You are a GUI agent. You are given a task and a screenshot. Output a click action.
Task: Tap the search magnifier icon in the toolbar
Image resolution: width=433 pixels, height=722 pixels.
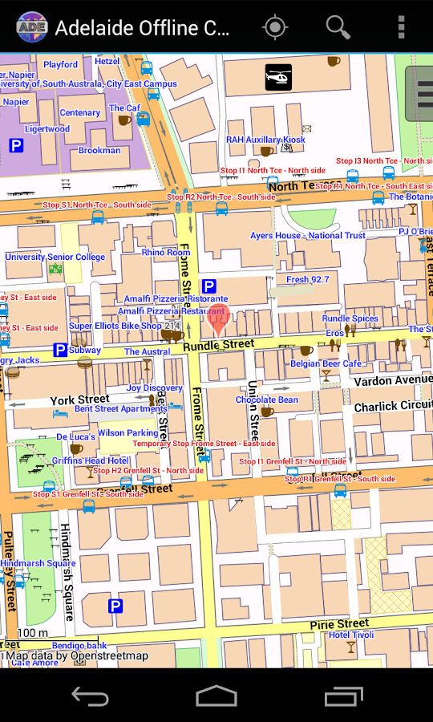click(x=338, y=27)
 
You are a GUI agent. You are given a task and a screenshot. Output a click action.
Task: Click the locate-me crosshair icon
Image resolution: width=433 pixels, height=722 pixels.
click(x=275, y=27)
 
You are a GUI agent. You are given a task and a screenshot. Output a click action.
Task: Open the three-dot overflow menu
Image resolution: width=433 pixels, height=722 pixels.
click(x=401, y=27)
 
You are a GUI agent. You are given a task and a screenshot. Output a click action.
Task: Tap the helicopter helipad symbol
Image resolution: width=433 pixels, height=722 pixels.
click(x=278, y=77)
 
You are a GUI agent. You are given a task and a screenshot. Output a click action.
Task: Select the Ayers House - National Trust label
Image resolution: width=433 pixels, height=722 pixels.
click(x=307, y=236)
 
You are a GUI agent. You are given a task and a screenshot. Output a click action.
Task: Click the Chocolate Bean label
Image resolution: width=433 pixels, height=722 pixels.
click(x=266, y=400)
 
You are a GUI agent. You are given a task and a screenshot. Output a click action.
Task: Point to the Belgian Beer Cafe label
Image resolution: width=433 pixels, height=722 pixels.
click(x=326, y=363)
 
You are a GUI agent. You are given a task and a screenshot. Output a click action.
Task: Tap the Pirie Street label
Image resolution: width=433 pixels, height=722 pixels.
click(x=339, y=623)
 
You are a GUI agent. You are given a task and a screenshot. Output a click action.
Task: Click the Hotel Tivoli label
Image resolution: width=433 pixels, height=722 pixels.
click(x=350, y=635)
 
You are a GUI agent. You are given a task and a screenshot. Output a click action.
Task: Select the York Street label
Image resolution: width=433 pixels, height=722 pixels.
click(x=79, y=400)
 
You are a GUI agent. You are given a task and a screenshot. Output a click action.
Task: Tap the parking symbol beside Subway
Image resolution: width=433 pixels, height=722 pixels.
click(x=60, y=350)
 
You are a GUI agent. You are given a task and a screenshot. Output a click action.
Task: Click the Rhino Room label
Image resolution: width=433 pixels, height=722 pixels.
click(x=166, y=252)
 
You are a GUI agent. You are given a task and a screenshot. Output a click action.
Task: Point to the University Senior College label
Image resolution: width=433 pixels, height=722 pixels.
click(x=55, y=258)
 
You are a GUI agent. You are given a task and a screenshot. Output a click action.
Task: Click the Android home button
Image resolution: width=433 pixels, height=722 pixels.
click(x=216, y=696)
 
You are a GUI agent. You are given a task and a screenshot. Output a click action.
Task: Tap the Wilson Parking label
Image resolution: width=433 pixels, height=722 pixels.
click(x=127, y=433)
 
